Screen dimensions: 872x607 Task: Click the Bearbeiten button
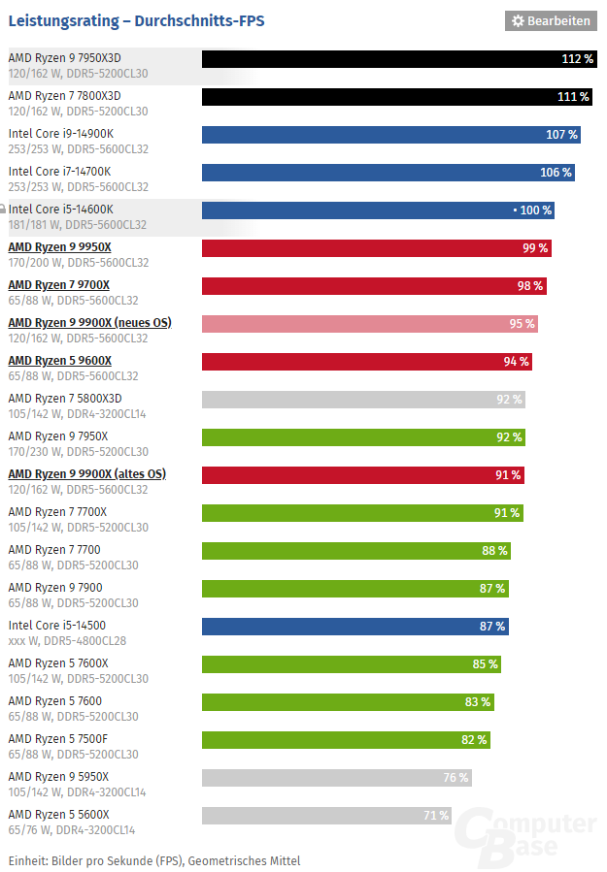click(x=551, y=20)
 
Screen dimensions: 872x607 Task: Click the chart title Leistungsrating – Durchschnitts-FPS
click(x=136, y=20)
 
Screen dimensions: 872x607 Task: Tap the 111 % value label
click(x=573, y=97)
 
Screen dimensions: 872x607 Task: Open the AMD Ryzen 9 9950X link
click(x=59, y=246)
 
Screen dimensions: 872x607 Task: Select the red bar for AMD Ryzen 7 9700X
click(x=374, y=286)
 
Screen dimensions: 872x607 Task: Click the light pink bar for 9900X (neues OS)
click(x=369, y=324)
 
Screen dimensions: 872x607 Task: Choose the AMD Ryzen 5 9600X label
click(x=59, y=360)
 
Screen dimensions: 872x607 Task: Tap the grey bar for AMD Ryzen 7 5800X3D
click(x=363, y=400)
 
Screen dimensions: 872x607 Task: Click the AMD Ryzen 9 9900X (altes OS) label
click(x=86, y=473)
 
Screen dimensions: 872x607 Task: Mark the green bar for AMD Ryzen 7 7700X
click(x=362, y=513)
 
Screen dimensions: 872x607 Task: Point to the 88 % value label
click(x=494, y=551)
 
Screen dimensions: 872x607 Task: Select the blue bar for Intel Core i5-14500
click(x=354, y=627)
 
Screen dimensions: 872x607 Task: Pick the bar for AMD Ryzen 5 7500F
click(x=345, y=740)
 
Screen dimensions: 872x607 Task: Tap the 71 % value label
click(x=436, y=816)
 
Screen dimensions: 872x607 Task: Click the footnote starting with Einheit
click(x=154, y=860)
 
